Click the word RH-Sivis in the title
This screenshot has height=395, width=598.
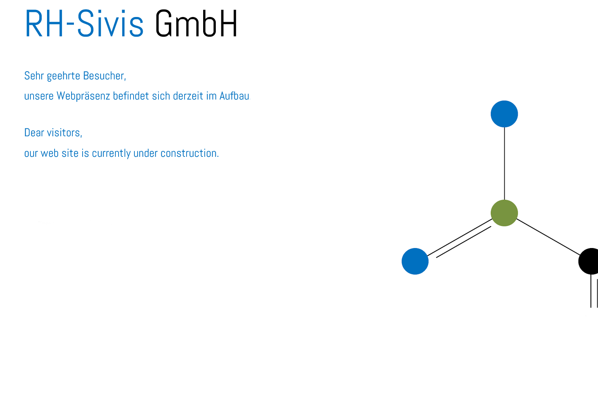coord(84,23)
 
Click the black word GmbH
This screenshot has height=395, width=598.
coord(196,23)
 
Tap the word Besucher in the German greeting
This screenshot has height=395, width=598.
coord(104,76)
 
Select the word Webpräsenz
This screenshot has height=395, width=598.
coord(83,96)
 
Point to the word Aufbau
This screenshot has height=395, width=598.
coord(234,96)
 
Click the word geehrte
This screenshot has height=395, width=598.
coord(64,76)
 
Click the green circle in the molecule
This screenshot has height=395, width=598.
coord(504,213)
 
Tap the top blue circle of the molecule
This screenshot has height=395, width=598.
coord(504,114)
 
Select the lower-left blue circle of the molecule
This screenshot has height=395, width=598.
coord(415,261)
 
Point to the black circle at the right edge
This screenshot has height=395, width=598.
coord(589,261)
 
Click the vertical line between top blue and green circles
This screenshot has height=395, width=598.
coord(504,164)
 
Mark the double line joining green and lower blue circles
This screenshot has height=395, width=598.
coord(460,238)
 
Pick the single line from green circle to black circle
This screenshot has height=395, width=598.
coord(548,237)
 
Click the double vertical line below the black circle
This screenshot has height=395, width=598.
coord(594,291)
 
